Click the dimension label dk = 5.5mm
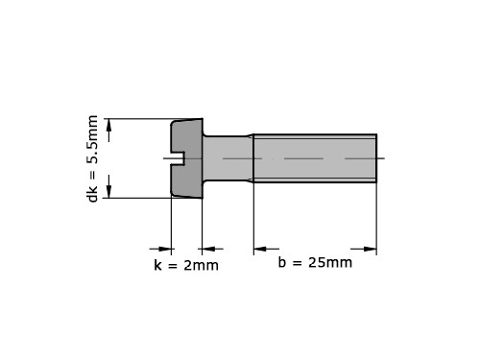[x=92, y=158]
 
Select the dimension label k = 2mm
[x=186, y=265]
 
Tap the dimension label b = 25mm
[x=315, y=262]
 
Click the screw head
[x=187, y=158]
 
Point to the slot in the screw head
[x=177, y=158]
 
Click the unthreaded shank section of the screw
[x=228, y=158]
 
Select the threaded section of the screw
[x=315, y=158]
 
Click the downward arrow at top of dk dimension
[x=109, y=131]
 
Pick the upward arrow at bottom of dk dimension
[x=109, y=186]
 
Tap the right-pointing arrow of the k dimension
[x=160, y=249]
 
